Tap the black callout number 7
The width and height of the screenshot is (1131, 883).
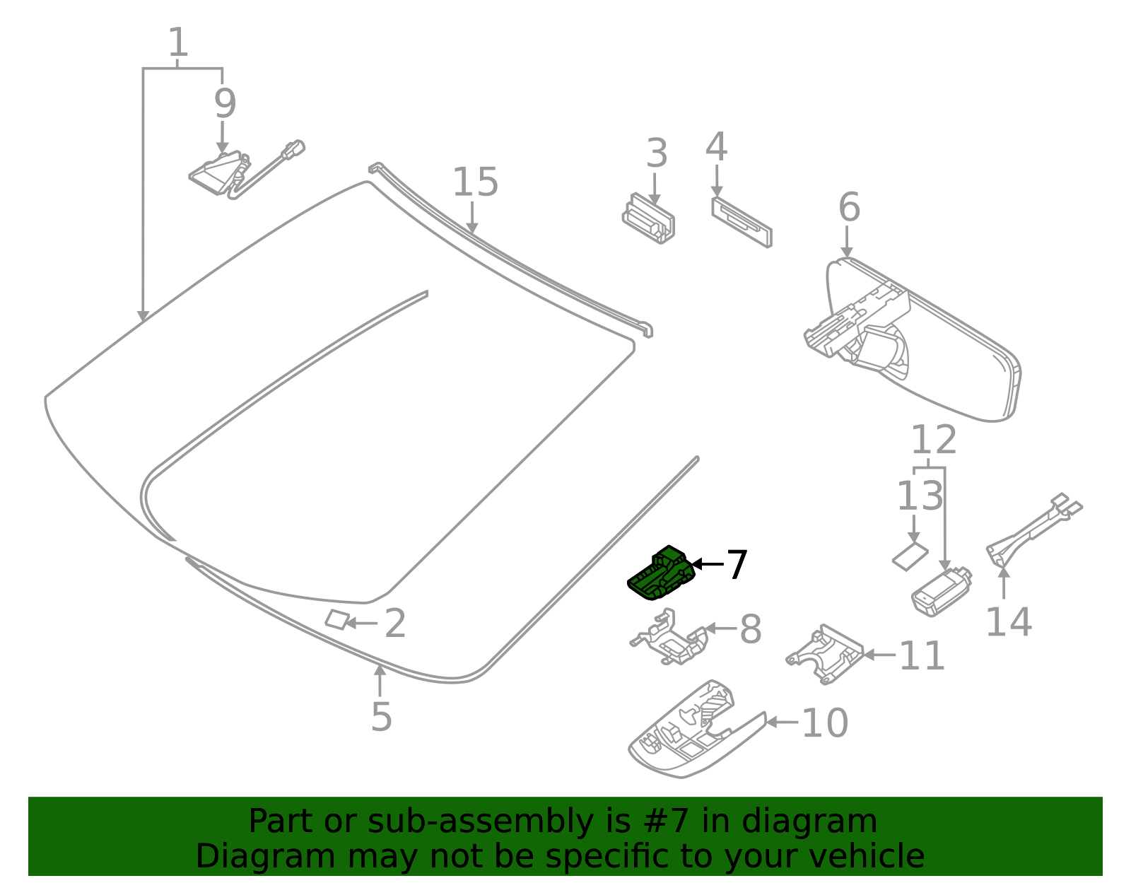coord(737,565)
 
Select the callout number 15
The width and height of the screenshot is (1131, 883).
coord(475,182)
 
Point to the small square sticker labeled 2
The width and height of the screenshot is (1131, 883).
coord(337,620)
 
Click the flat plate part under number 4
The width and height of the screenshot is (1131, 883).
coord(741,223)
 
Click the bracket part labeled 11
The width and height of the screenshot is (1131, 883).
coord(825,655)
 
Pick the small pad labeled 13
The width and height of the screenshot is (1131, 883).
coord(910,556)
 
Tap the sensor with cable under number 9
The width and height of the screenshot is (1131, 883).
coord(219,173)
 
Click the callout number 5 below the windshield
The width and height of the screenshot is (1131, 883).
coord(381,717)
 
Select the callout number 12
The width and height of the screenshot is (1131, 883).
coord(933,440)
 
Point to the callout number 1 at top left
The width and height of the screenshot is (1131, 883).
coord(177,43)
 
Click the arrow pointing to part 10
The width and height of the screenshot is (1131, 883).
coord(782,722)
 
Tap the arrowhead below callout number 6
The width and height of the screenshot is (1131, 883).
coord(847,252)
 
